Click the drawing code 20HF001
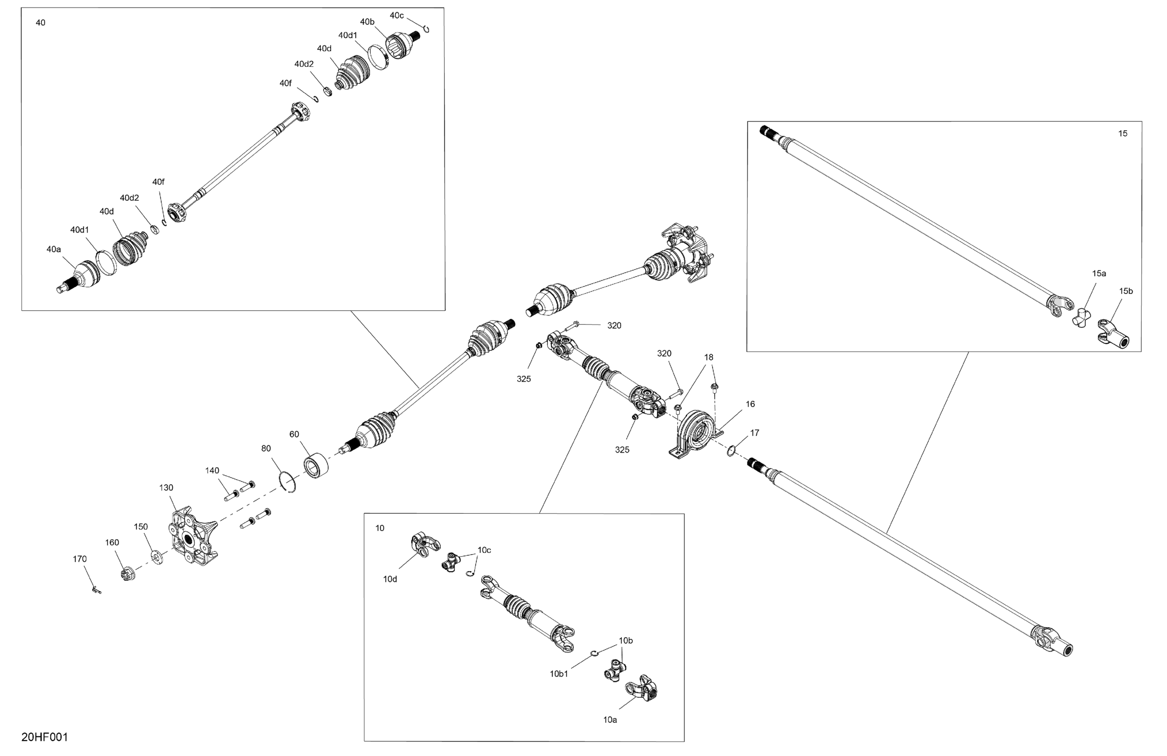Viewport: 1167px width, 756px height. [45, 737]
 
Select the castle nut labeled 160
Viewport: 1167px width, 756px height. [127, 574]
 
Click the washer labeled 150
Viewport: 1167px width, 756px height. [158, 557]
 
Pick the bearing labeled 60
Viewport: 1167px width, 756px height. [316, 465]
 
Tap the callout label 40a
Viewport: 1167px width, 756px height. [53, 249]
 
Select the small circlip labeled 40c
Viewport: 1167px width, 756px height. [426, 29]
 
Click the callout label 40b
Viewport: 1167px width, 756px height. [367, 21]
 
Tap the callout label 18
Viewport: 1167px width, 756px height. [709, 357]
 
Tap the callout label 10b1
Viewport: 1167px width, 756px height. [559, 674]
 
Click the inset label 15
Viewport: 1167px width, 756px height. [1122, 133]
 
